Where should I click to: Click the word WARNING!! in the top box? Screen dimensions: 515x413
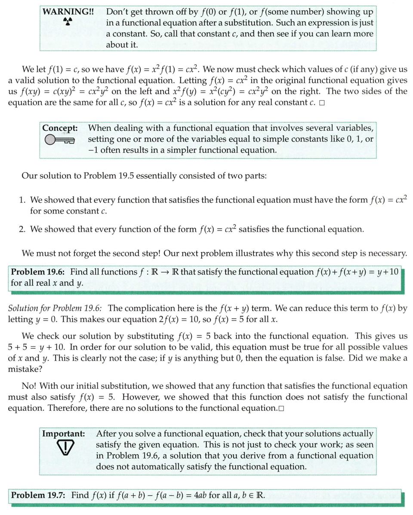coord(68,12)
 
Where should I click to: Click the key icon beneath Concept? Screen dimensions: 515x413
coord(59,139)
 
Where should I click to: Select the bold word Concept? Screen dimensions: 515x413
coord(60,128)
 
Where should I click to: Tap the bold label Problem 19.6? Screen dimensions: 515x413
coord(39,272)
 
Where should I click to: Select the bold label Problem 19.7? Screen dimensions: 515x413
coord(38,495)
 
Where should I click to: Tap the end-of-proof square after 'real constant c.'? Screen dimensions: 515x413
coord(322,103)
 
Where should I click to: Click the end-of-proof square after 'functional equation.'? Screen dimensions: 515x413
coord(281,409)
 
